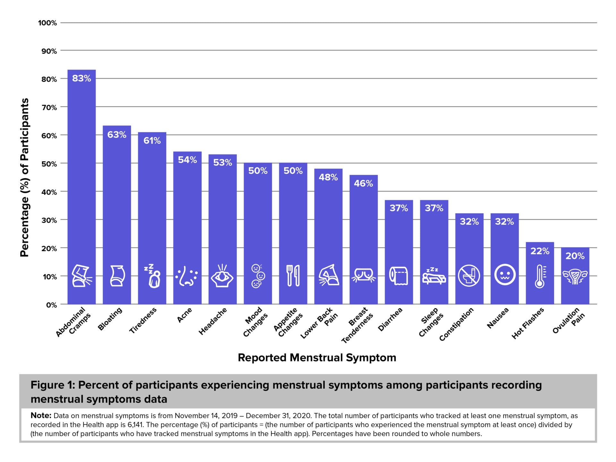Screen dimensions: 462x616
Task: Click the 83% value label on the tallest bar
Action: [81, 78]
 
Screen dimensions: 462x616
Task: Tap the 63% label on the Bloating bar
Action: [117, 134]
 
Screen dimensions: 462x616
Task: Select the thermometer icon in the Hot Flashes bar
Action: [540, 276]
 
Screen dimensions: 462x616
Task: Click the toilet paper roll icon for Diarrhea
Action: [398, 276]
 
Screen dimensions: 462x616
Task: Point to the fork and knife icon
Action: [293, 276]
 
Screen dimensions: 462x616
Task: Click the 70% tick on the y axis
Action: [49, 107]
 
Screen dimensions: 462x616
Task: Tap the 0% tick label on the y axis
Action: [51, 305]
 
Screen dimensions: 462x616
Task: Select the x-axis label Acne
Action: [184, 315]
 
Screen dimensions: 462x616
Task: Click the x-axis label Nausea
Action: [498, 318]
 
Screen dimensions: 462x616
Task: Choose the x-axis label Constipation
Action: [456, 324]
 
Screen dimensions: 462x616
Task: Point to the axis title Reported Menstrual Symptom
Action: [317, 357]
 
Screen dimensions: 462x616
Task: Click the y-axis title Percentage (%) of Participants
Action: [25, 177]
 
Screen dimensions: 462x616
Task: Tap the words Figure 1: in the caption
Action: [53, 385]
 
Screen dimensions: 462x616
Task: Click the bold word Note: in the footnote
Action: [41, 415]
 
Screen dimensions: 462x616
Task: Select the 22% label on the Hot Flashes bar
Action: [540, 251]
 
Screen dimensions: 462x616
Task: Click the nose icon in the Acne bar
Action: [186, 276]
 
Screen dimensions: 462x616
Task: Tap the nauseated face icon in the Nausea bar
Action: [505, 275]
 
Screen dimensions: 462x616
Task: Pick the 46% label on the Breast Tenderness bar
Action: [363, 184]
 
